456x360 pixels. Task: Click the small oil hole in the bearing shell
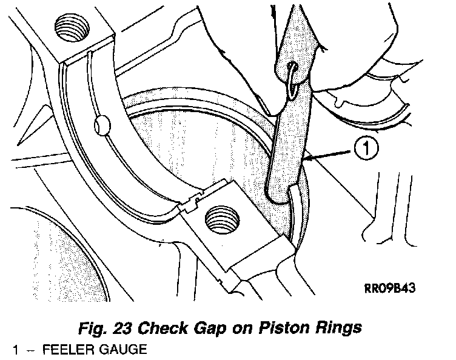pyautogui.click(x=101, y=125)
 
